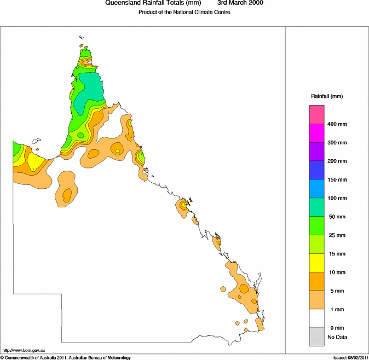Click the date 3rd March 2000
click(x=240, y=3)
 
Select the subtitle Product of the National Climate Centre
click(x=184, y=12)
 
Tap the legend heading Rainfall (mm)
click(x=327, y=96)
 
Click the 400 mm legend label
click(x=337, y=124)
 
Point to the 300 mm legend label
click(x=337, y=143)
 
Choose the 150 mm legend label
click(x=337, y=180)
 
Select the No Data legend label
click(x=337, y=337)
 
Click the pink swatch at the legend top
click(x=318, y=114)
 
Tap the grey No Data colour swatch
click(x=318, y=337)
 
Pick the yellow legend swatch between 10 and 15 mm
click(x=318, y=263)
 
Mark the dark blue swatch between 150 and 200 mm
click(x=318, y=170)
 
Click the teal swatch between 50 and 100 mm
click(x=318, y=207)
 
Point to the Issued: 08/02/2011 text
click(x=350, y=357)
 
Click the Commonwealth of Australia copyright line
click(x=66, y=357)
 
